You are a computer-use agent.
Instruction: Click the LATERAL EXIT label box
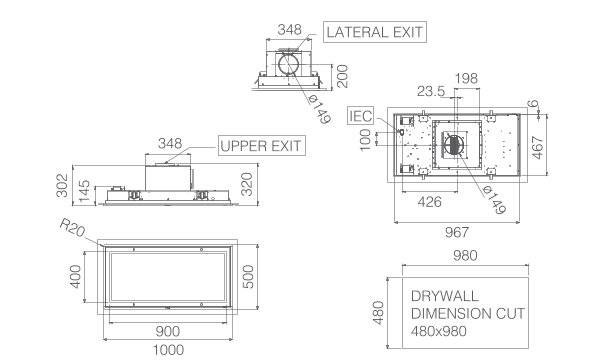(x=375, y=32)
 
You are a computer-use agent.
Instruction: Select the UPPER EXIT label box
(x=262, y=145)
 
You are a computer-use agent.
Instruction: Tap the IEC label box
(x=360, y=116)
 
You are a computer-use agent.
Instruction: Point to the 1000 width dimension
(x=168, y=350)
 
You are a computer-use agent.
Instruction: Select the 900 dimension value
(x=168, y=331)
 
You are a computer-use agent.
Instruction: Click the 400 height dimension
(x=75, y=276)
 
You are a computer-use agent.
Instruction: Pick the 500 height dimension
(x=248, y=276)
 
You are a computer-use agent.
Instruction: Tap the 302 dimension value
(x=62, y=186)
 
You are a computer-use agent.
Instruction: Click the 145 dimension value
(x=84, y=191)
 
